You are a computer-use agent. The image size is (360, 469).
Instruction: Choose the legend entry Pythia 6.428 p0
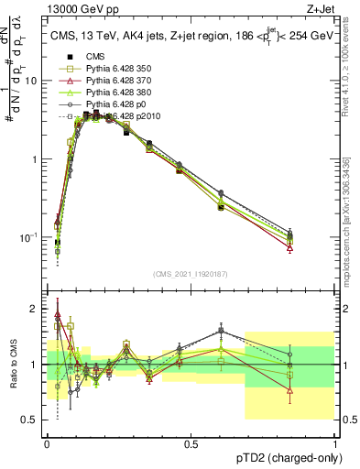(x=107, y=104)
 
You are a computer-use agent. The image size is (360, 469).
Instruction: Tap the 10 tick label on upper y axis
(x=31, y=81)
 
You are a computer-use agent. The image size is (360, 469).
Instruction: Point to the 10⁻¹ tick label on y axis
(x=27, y=237)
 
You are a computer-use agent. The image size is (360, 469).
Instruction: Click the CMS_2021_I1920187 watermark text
(x=190, y=274)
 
